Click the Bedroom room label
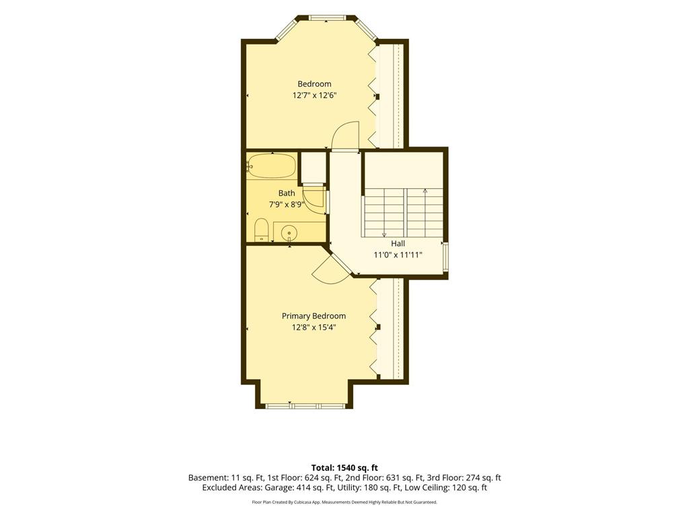pos(314,84)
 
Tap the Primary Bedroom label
pos(314,316)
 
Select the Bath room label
pos(287,193)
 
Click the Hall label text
pos(398,243)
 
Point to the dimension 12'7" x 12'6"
pos(315,95)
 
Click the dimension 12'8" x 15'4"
pos(314,327)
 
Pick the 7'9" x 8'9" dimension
pos(287,204)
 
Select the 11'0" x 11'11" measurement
pos(398,255)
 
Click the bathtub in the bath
pos(270,167)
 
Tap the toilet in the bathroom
pos(262,230)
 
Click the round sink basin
pos(289,232)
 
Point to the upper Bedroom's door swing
pos(346,136)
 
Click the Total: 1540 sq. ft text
pos(344,468)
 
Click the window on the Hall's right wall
pos(446,256)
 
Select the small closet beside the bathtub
pos(313,167)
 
